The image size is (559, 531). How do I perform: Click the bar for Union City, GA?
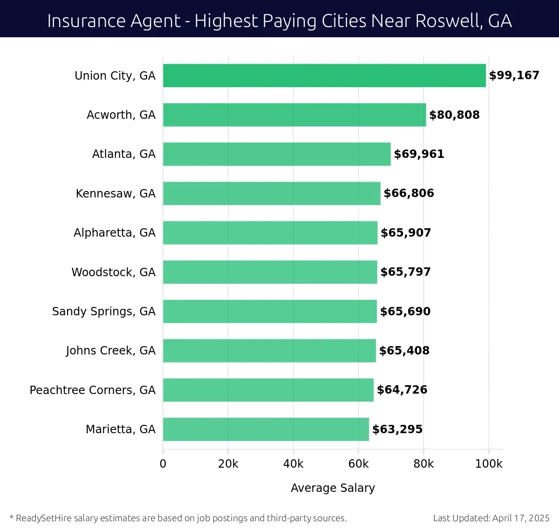[x=324, y=75]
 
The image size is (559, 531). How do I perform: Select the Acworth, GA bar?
[x=294, y=115]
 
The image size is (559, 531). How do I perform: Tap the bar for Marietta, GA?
[x=266, y=429]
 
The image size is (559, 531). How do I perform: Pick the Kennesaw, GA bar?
[x=272, y=193]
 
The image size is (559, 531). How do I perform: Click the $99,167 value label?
[x=514, y=75]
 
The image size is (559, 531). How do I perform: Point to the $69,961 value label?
[x=419, y=154]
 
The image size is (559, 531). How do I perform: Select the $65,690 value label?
[x=405, y=311]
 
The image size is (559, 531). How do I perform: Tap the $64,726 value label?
[x=402, y=390]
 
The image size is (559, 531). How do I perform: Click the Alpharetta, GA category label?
[x=114, y=233]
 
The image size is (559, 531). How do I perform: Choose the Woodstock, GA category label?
[x=113, y=272]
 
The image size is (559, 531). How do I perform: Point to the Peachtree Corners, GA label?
[x=92, y=390]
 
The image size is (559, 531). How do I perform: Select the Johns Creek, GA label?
[x=110, y=351]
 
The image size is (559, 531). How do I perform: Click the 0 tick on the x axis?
[x=163, y=464]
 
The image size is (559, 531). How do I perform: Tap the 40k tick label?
[x=293, y=464]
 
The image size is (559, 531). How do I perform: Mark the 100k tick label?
[x=488, y=464]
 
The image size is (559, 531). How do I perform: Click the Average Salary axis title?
[x=333, y=488]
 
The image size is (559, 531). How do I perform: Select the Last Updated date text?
[x=491, y=518]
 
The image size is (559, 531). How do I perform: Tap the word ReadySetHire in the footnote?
[x=44, y=518]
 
